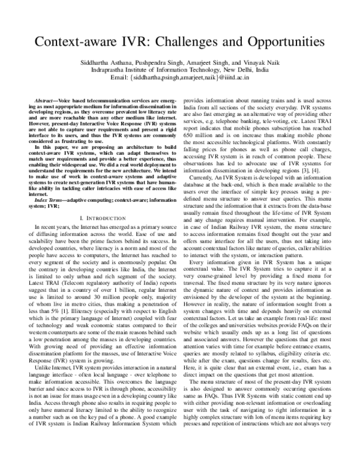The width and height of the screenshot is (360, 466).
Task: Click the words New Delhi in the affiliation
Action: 236,71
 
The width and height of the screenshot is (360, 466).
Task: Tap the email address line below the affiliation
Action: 180,80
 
